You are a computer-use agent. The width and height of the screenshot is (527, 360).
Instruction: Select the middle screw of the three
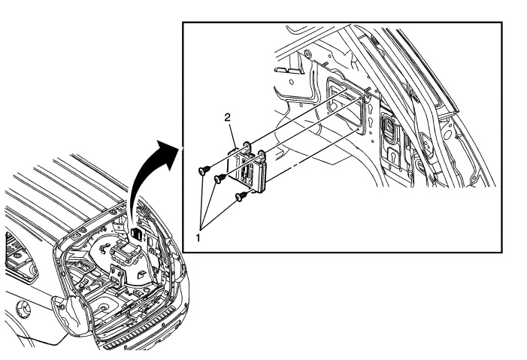tap(220, 178)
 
